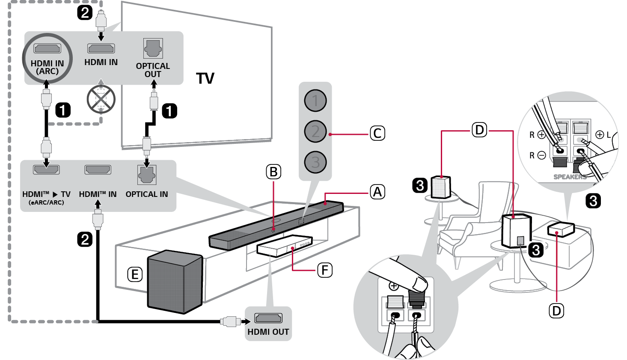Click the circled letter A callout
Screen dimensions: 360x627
[x=377, y=192]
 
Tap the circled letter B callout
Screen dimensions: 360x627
[x=273, y=172]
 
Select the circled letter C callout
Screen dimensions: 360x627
[x=377, y=134]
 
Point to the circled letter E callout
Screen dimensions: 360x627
[x=135, y=274]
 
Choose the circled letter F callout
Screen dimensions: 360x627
[x=325, y=270]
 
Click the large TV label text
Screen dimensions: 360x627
[x=205, y=78]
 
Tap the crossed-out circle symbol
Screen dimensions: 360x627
[x=101, y=99]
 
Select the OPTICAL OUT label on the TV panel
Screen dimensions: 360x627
[x=153, y=70]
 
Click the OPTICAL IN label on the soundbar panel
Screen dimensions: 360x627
[x=147, y=194]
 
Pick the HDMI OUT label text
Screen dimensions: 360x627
[x=268, y=332]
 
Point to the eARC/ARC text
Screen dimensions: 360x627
[x=46, y=202]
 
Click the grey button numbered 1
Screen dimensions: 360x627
[x=315, y=101]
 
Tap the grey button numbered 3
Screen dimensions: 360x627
[x=315, y=162]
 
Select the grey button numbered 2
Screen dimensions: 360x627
[x=315, y=131]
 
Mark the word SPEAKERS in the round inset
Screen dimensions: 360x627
[x=570, y=177]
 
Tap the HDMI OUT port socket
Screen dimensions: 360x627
[x=268, y=318]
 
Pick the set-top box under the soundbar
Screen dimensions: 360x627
[x=285, y=246]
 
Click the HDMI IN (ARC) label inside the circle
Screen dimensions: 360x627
[x=47, y=67]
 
